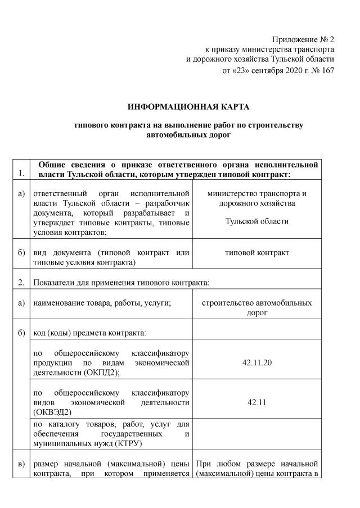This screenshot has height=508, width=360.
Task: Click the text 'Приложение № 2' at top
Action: (x=303, y=39)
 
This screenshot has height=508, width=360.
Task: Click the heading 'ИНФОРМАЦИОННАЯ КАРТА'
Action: (x=188, y=106)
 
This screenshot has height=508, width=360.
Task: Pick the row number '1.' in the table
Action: (x=21, y=173)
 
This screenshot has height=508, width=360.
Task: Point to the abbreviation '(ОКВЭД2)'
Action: (x=53, y=412)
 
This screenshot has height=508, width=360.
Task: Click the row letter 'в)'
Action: (x=21, y=464)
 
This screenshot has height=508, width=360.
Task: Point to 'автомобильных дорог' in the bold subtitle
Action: (x=188, y=135)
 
